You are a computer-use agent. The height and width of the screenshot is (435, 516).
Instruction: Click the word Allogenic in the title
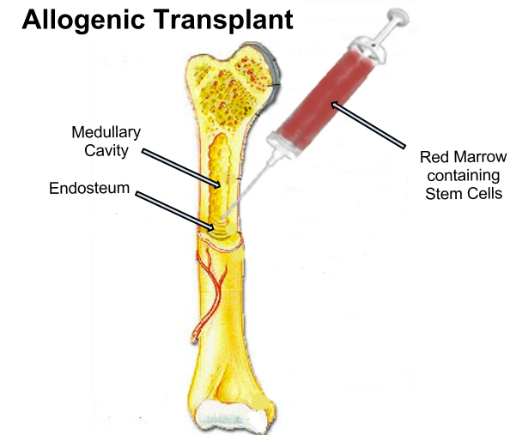[x=78, y=20]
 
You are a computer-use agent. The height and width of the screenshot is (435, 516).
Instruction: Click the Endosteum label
[x=88, y=188]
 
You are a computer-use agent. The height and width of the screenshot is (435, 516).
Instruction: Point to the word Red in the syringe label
[x=433, y=158]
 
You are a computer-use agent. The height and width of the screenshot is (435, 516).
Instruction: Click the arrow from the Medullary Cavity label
[x=180, y=167]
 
